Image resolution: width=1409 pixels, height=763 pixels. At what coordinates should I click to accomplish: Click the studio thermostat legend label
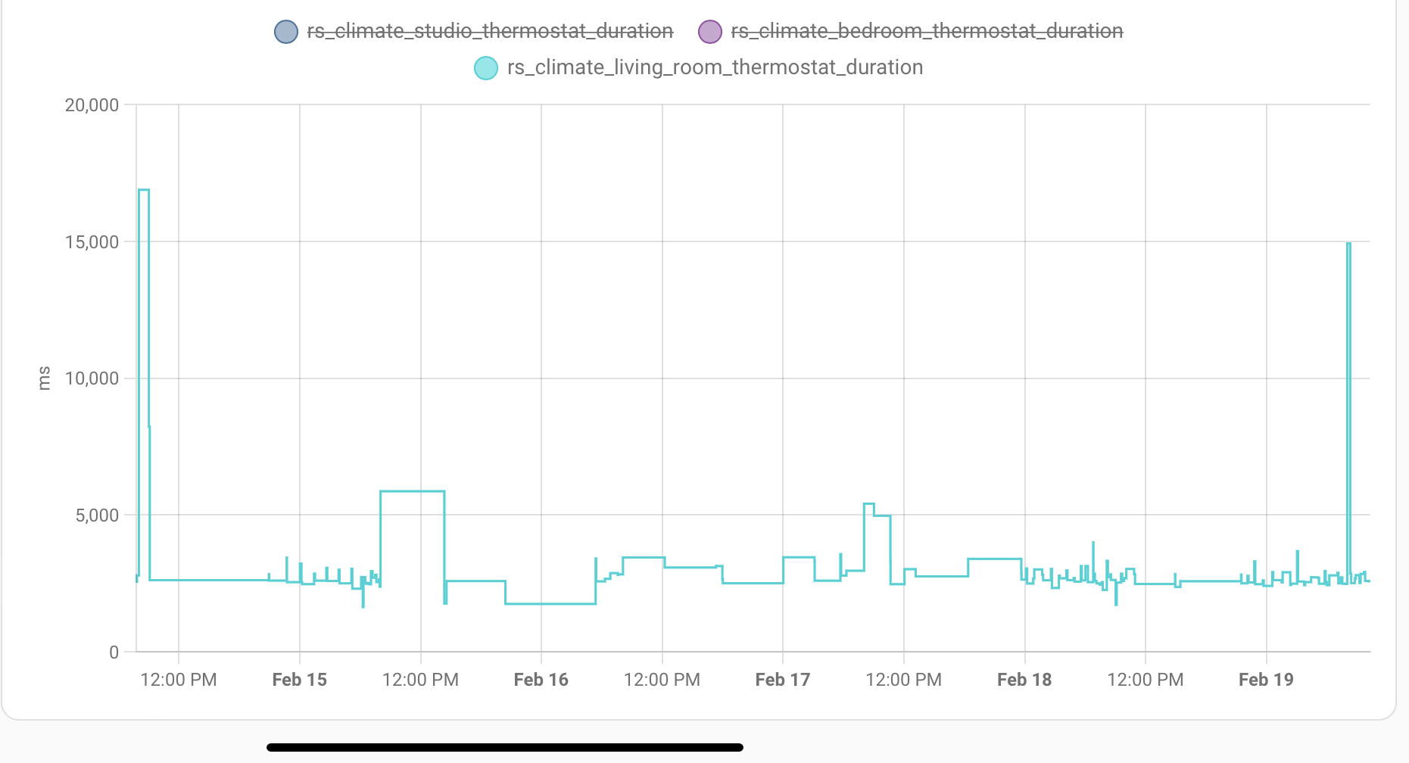(x=490, y=31)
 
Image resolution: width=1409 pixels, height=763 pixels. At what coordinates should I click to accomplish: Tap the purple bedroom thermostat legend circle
(x=709, y=32)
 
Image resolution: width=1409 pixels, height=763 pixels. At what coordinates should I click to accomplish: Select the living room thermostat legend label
(x=715, y=67)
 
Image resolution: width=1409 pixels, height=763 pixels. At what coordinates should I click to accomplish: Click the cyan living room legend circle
(x=486, y=68)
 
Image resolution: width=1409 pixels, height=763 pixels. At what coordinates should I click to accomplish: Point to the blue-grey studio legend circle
(x=285, y=32)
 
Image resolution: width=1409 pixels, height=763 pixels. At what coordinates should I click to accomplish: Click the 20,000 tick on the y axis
(x=92, y=105)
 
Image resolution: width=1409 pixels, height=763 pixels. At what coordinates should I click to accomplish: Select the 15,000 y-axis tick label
(x=92, y=242)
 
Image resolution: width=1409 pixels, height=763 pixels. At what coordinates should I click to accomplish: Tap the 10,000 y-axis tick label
(x=92, y=378)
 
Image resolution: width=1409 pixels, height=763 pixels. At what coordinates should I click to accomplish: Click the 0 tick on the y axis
(x=114, y=652)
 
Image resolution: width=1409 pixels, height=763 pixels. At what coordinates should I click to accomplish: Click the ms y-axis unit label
(x=44, y=378)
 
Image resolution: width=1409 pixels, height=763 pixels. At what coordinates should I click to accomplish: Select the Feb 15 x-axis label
(x=299, y=680)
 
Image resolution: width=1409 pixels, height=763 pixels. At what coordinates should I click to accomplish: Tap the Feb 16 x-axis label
(x=541, y=680)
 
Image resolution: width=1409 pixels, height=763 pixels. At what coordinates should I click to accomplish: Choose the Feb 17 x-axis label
(x=782, y=680)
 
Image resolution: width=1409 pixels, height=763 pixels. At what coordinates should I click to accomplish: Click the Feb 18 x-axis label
(x=1024, y=680)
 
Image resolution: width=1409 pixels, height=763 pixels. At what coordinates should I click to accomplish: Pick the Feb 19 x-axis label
(x=1266, y=680)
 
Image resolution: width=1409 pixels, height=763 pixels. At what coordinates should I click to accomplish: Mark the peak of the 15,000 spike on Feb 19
(x=1348, y=244)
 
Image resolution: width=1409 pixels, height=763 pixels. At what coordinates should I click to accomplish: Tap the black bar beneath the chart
(x=505, y=747)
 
